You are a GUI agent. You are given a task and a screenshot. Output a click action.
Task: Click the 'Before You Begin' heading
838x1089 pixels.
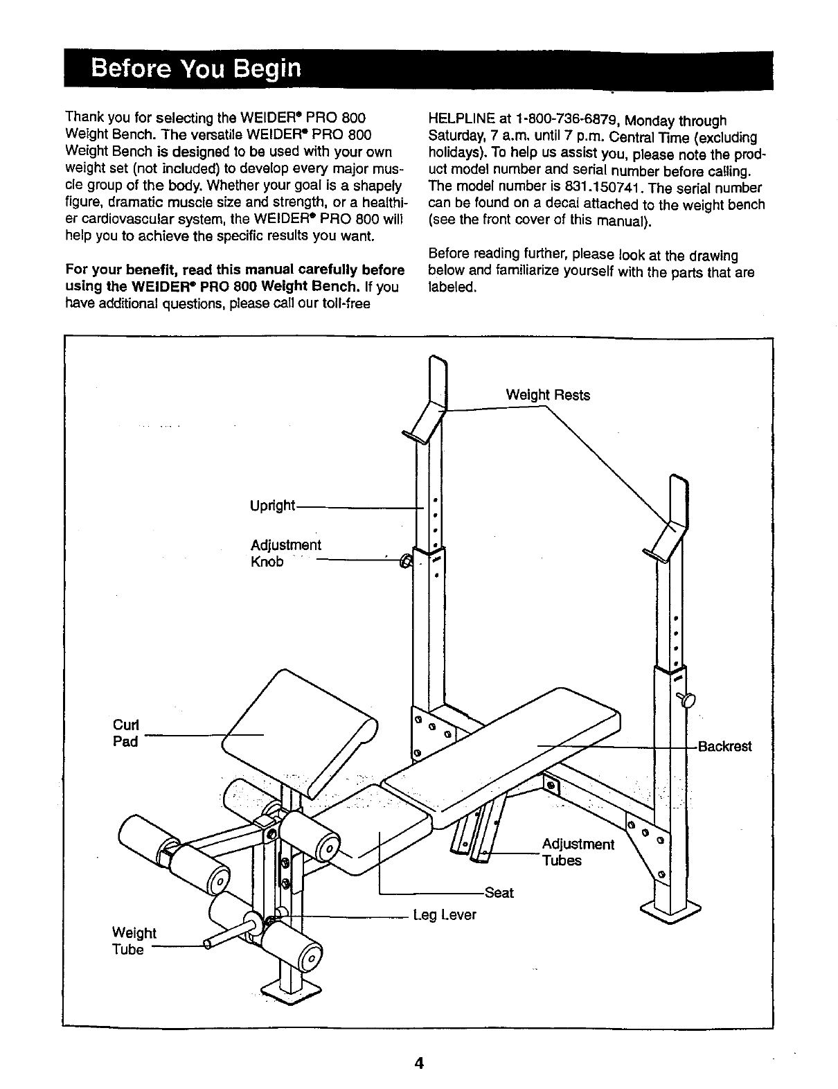(x=197, y=69)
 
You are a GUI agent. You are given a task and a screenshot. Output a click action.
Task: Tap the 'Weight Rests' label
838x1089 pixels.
(x=548, y=395)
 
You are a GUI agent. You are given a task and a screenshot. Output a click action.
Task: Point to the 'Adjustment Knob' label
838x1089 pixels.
(x=285, y=553)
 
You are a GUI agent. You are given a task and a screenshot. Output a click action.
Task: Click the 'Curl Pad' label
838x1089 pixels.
(x=125, y=733)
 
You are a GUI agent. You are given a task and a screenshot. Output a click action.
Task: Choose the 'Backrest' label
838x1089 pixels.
(x=724, y=747)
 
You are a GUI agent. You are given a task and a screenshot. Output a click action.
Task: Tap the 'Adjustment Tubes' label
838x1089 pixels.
(x=578, y=852)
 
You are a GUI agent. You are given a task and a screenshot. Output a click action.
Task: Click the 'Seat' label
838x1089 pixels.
(x=499, y=893)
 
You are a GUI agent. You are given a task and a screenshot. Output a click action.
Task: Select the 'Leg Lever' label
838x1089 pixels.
(x=445, y=915)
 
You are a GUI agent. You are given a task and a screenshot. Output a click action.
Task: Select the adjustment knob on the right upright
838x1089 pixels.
(x=687, y=700)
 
